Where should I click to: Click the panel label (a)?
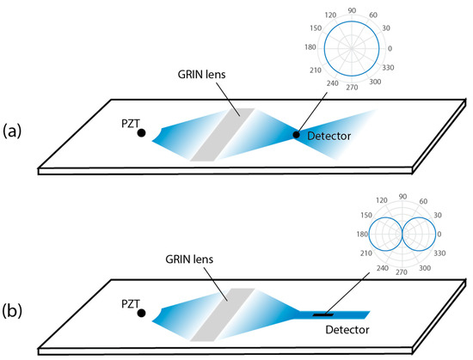pos(14,131)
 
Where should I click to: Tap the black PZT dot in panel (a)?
pos(140,133)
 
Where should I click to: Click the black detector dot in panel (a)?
pos(298,135)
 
